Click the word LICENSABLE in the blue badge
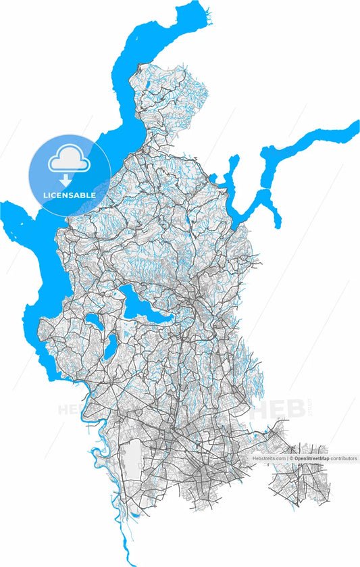(69, 195)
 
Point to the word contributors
(344, 458)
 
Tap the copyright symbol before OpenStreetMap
(292, 458)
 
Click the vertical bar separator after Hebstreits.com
(287, 458)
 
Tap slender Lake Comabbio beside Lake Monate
(108, 347)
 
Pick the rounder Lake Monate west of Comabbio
(92, 323)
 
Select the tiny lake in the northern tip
(147, 85)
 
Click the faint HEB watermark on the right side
(277, 409)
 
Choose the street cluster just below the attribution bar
(301, 483)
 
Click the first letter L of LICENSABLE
(45, 195)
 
